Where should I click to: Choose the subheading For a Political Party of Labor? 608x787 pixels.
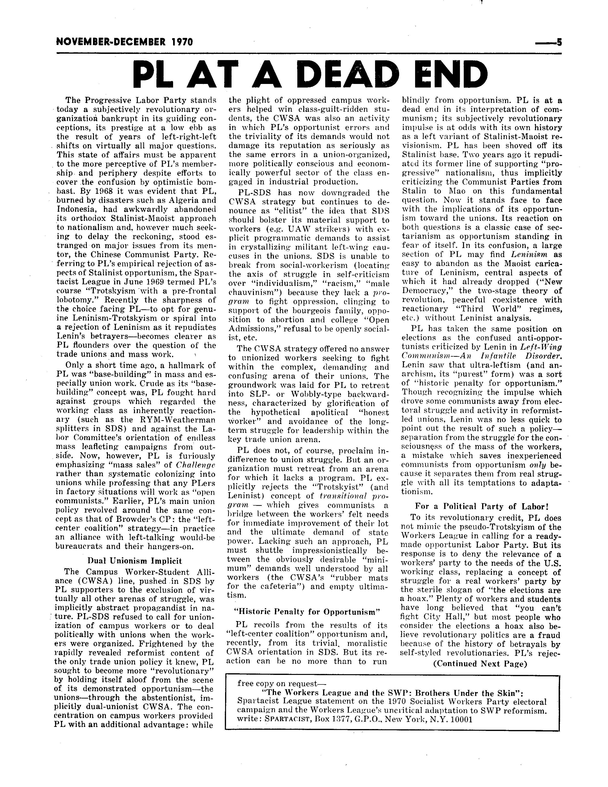(482, 506)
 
